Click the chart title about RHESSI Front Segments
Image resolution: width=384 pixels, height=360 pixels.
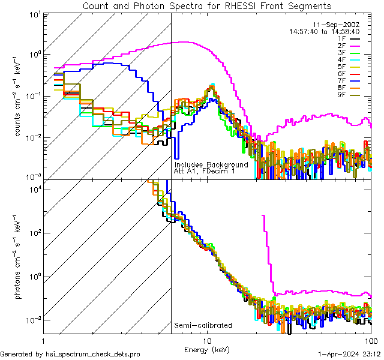[x=206, y=6]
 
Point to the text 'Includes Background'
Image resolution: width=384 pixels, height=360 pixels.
[x=211, y=164]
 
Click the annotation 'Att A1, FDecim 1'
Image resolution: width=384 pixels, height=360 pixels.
[x=205, y=171]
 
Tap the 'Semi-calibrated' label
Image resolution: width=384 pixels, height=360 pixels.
[x=203, y=326]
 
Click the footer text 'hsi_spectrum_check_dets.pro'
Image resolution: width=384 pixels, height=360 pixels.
[x=89, y=354]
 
